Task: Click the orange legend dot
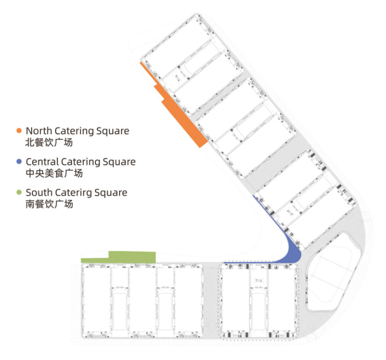click(19, 131)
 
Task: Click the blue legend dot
click(19, 161)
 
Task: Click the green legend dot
click(19, 192)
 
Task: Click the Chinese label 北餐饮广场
click(49, 143)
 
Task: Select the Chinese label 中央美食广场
click(54, 173)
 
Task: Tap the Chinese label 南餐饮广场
click(49, 204)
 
